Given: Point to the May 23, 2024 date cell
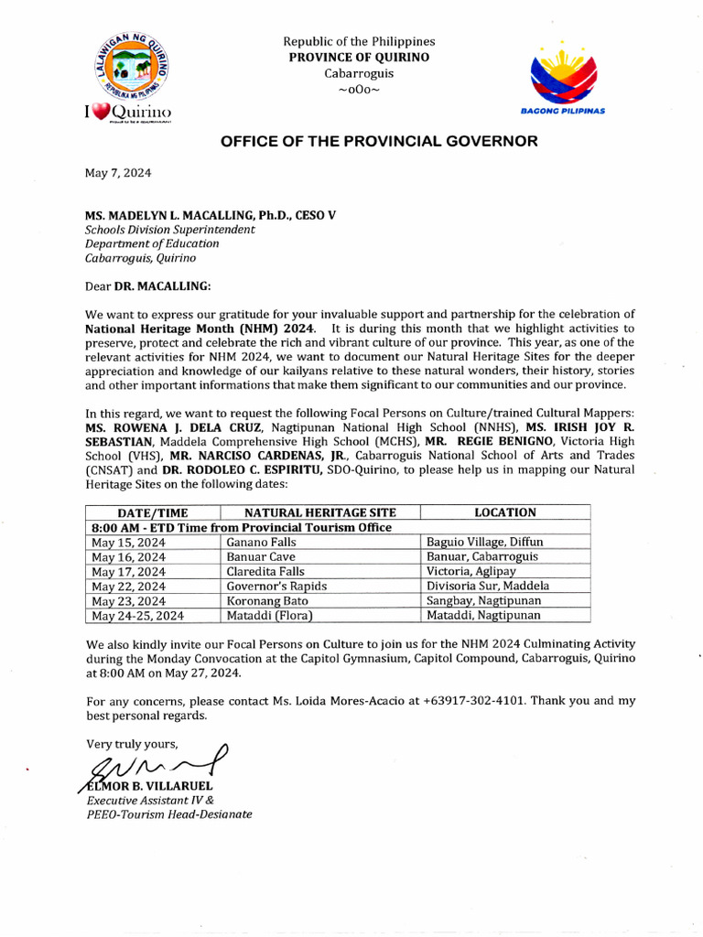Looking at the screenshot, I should (x=129, y=600).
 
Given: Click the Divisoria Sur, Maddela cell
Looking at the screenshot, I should (x=488, y=586).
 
